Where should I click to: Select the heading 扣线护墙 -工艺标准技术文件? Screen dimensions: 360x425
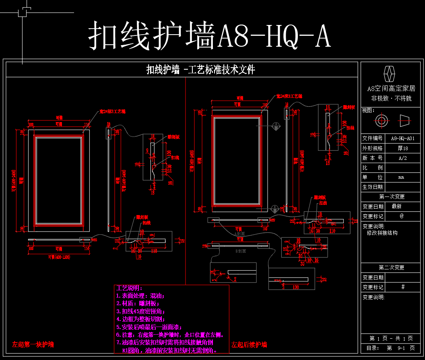[x=200, y=70]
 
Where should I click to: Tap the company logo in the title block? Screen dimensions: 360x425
[x=390, y=74]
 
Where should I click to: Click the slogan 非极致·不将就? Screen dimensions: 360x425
[x=391, y=98]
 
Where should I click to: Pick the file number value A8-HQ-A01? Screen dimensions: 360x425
[x=402, y=138]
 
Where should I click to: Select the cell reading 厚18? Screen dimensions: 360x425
[x=402, y=148]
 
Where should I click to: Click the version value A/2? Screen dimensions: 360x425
[x=402, y=158]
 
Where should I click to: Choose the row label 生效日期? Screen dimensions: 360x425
[x=373, y=187]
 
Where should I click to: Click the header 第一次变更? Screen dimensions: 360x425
[x=391, y=197]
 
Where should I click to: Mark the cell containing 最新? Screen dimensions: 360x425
[x=396, y=207]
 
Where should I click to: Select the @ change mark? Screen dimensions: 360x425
[x=402, y=216]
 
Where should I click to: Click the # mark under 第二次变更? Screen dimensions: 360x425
[x=402, y=287]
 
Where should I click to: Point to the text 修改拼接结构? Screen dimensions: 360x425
[x=382, y=233]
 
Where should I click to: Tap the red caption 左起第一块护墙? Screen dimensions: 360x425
[x=33, y=345]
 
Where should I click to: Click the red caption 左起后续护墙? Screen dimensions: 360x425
[x=250, y=345]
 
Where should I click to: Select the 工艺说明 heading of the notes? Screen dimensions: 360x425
[x=128, y=288]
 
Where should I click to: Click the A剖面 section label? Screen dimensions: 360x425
[x=240, y=233]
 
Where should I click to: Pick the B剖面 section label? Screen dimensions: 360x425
[x=240, y=251]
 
